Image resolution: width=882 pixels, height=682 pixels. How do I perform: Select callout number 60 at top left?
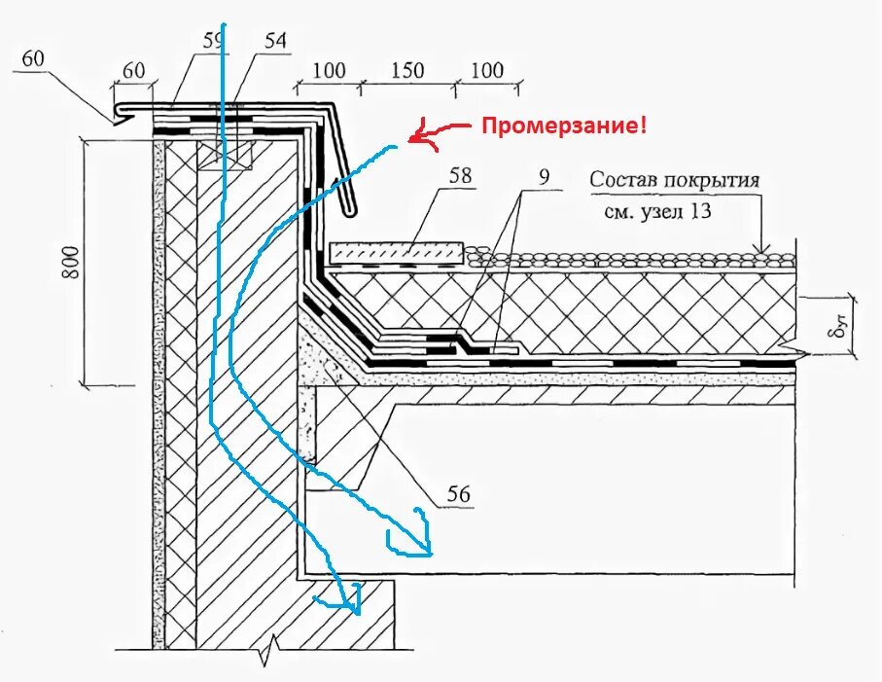32,59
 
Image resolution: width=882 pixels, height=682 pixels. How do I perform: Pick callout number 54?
276,41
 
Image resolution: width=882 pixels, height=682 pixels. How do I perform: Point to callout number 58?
461,175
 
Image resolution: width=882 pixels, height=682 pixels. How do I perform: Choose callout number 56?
459,495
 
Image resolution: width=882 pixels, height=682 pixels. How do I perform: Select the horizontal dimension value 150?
409,70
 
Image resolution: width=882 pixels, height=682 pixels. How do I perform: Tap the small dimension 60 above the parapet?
133,70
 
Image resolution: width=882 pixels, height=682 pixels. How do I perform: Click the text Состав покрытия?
674,180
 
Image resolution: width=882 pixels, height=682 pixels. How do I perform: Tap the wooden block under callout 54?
226,155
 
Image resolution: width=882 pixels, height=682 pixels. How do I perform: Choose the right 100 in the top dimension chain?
487,70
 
